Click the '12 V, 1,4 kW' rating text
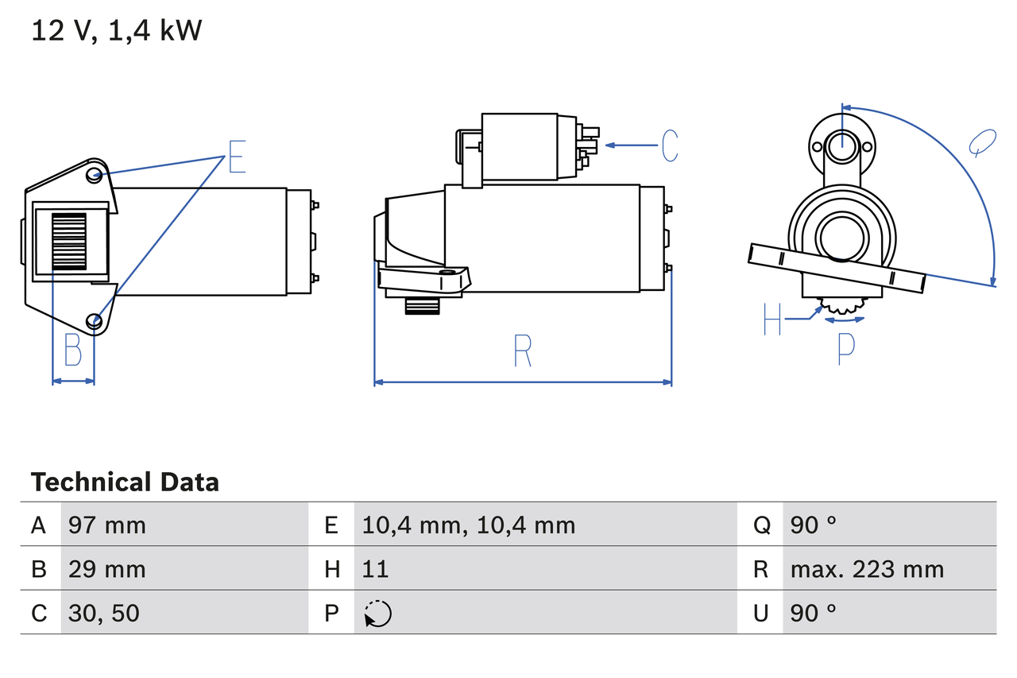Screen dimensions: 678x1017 117,31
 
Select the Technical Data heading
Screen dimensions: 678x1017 125,482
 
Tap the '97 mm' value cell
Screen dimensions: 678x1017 106,525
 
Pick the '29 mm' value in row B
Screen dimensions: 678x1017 106,569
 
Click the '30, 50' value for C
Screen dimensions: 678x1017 103,613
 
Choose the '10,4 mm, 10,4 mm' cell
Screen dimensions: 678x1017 468,525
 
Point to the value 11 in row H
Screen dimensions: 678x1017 375,569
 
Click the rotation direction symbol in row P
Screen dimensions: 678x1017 377,614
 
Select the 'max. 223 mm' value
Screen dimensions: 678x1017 867,569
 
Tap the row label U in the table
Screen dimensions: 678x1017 761,613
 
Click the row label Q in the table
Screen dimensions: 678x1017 761,525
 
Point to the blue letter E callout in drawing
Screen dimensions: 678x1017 237,157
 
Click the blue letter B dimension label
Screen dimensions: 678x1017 72,350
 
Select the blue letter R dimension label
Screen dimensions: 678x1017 522,351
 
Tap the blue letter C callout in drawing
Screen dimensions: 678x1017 669,145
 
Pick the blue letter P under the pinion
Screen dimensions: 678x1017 846,349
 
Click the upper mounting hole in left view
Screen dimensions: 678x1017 95,174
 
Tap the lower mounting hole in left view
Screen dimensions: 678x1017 95,321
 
